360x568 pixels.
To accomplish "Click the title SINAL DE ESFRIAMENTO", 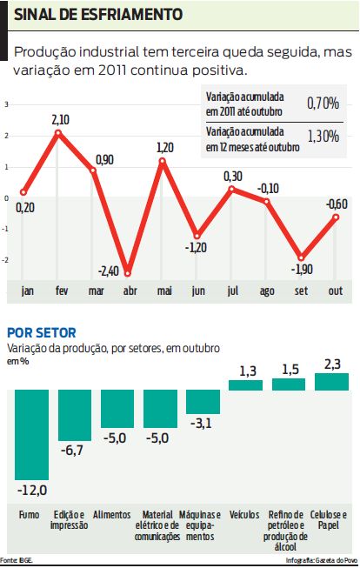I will (97, 16).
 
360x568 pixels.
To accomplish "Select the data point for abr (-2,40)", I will (128, 272).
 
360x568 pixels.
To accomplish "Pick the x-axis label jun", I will (198, 290).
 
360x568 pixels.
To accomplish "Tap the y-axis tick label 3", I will (7, 104).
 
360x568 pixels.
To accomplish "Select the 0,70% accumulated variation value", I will (323, 104).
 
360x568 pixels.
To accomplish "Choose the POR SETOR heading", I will (41, 332).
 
